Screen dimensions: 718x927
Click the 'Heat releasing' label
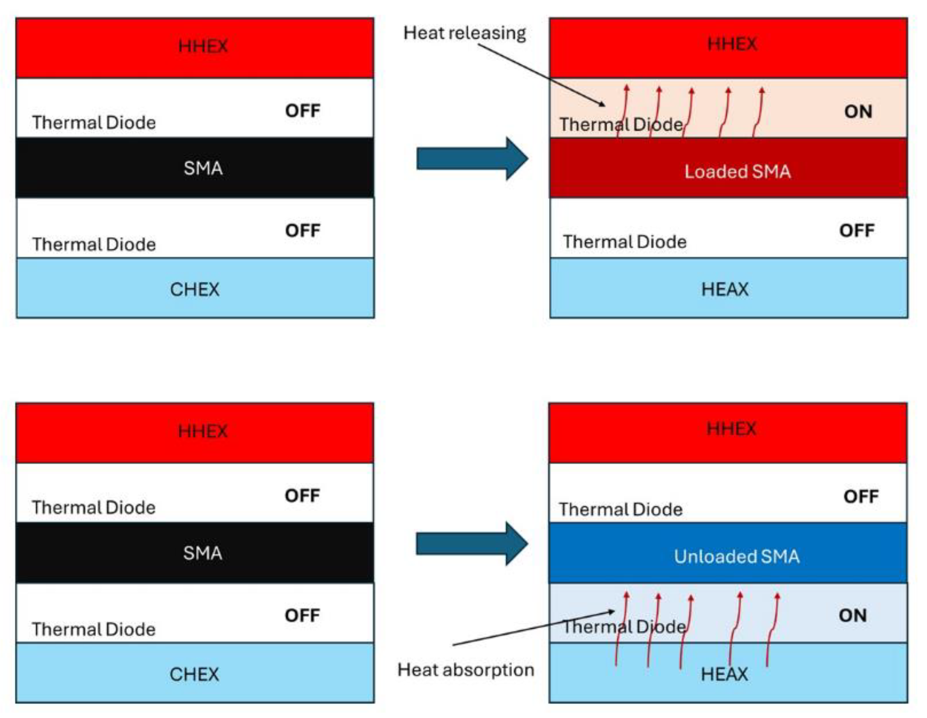(x=464, y=33)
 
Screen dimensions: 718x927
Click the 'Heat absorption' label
(x=465, y=670)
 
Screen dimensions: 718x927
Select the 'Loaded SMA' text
(x=737, y=172)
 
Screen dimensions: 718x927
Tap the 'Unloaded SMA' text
(x=736, y=557)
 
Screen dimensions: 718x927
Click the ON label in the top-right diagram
(x=858, y=112)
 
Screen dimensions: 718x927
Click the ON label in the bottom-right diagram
(x=852, y=615)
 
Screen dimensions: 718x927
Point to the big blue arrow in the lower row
(x=471, y=544)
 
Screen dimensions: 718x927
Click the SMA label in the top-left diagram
(x=203, y=168)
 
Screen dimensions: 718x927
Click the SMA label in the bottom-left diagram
(x=202, y=553)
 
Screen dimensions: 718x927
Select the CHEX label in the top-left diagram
(x=194, y=290)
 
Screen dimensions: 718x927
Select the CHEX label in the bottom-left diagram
(x=194, y=675)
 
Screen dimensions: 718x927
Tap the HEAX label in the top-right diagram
(x=725, y=290)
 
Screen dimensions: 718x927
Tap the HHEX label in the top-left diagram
(x=203, y=46)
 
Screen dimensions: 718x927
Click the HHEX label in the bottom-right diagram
(x=731, y=429)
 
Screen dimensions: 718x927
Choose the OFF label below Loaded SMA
(x=857, y=231)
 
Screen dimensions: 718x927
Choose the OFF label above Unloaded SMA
(x=861, y=497)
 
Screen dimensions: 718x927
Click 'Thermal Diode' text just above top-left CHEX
(x=94, y=245)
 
